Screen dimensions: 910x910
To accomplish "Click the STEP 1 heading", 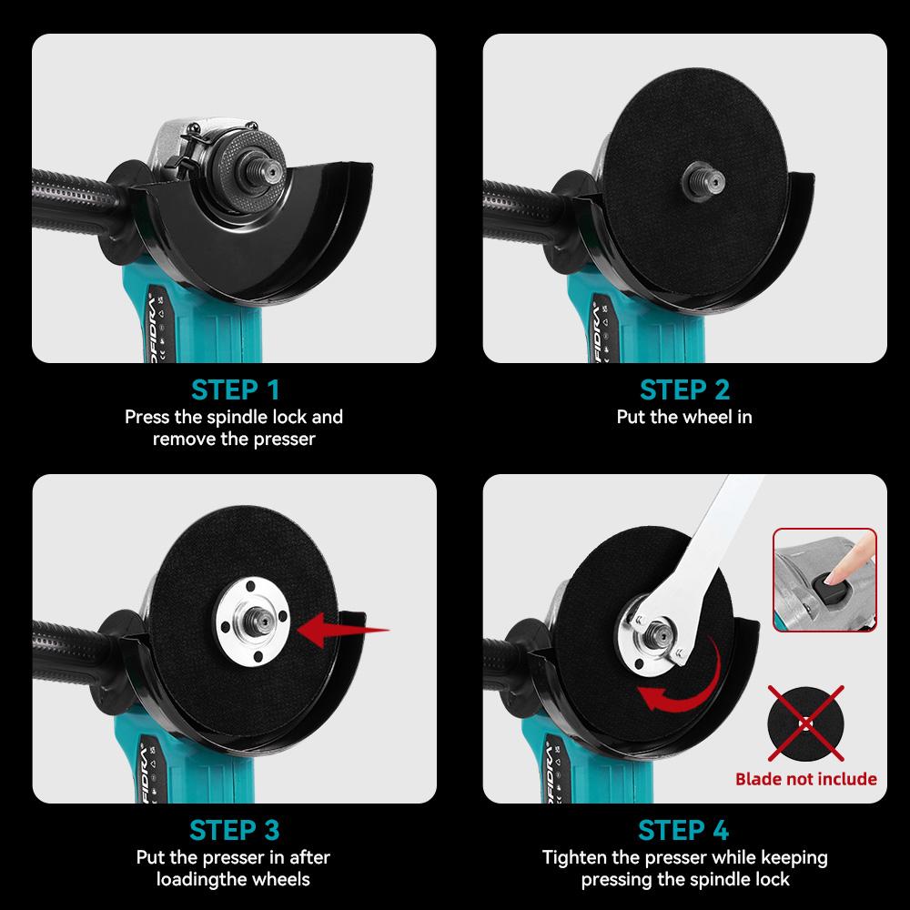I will click(235, 389).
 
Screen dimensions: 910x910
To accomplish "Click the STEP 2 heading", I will click(684, 389).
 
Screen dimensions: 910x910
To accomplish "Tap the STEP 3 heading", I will click(235, 830).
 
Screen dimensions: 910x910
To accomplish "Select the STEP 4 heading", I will click(684, 830).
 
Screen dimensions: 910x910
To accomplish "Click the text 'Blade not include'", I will click(805, 779).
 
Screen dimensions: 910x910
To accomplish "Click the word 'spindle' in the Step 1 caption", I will click(235, 418).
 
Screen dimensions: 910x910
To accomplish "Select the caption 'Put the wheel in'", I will click(684, 418).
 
